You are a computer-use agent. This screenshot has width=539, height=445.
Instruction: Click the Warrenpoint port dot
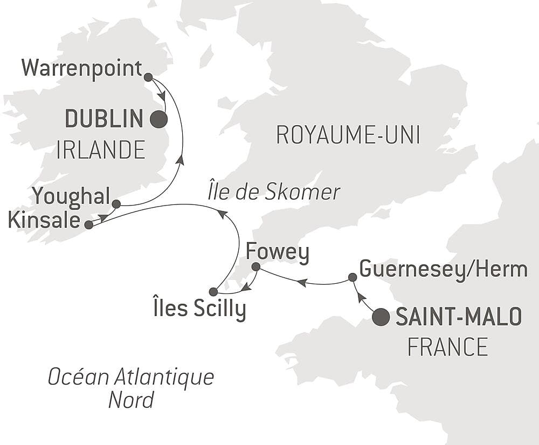pyautogui.click(x=148, y=77)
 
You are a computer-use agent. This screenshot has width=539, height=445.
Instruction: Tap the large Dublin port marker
pyautogui.click(x=158, y=119)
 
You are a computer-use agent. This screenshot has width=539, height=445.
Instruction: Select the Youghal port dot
pyautogui.click(x=116, y=203)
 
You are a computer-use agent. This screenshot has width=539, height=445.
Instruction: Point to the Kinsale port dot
pyautogui.click(x=89, y=225)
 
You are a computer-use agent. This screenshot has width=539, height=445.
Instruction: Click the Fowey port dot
pyautogui.click(x=256, y=266)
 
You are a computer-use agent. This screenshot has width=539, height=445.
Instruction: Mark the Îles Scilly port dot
pyautogui.click(x=213, y=292)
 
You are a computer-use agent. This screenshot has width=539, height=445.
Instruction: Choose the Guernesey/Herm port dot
pyautogui.click(x=352, y=277)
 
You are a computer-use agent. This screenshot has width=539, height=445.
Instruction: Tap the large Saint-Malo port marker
pyautogui.click(x=381, y=317)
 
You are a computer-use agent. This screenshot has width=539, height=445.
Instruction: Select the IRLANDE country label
pyautogui.click(x=101, y=149)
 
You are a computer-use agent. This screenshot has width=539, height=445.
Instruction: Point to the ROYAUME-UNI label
pyautogui.click(x=348, y=136)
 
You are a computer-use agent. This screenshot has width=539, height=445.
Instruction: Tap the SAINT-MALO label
pyautogui.click(x=459, y=317)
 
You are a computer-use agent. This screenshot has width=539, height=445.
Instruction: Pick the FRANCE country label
pyautogui.click(x=447, y=347)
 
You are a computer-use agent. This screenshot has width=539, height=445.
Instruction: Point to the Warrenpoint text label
pyautogui.click(x=81, y=69)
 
